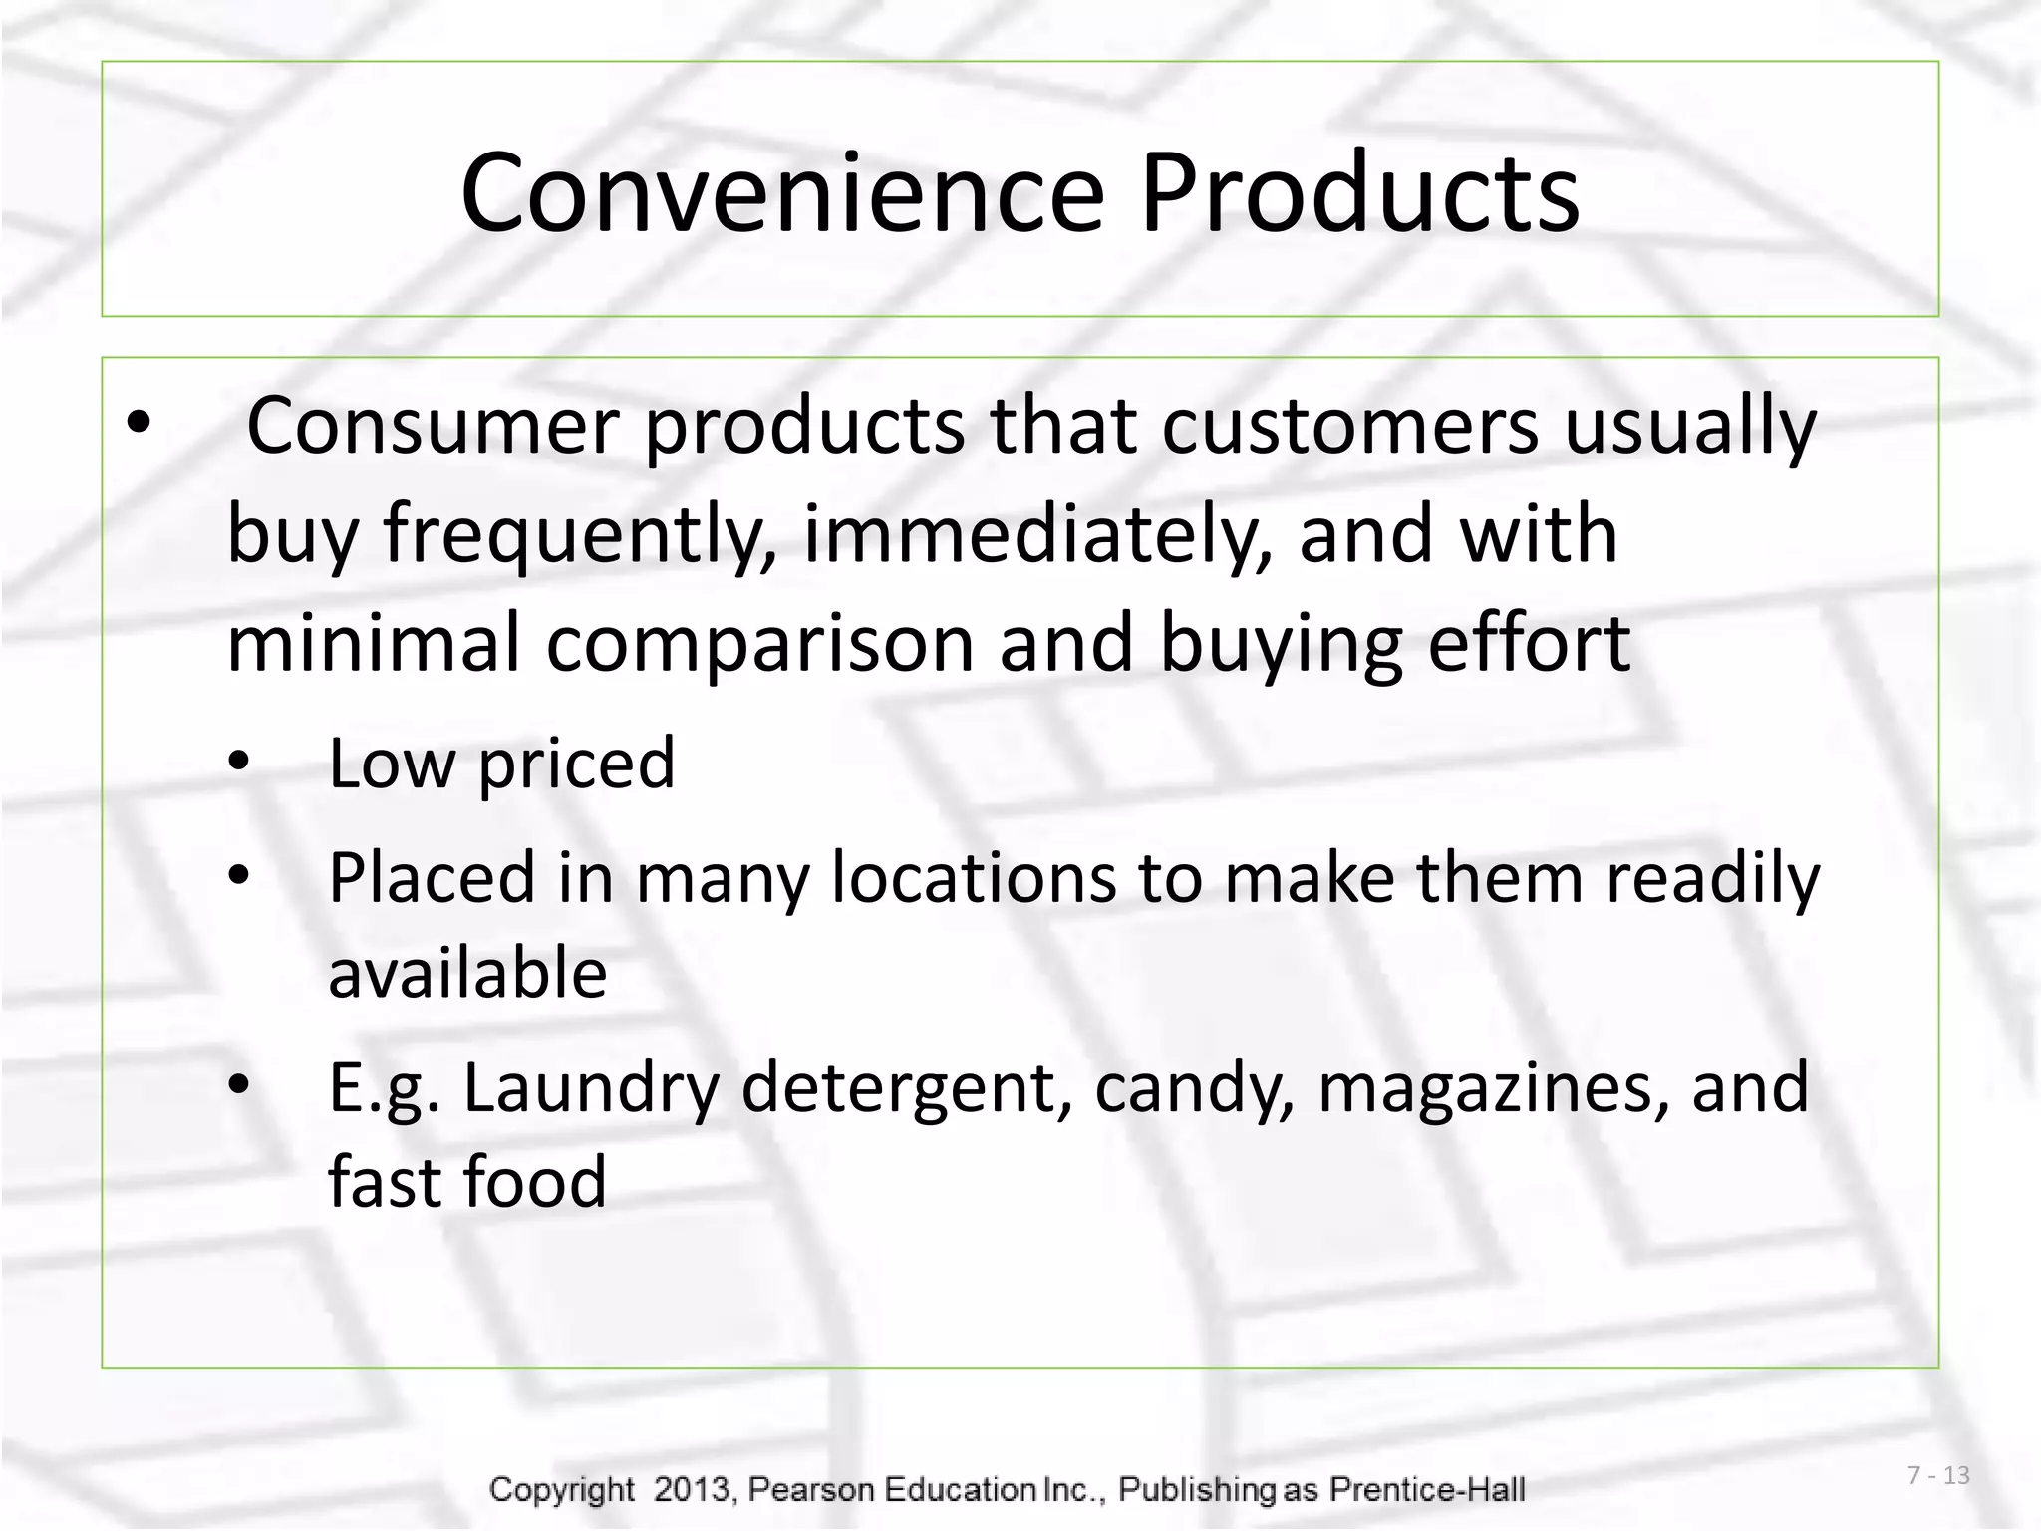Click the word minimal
coord(374,643)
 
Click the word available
coord(467,973)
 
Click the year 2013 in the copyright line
coord(693,1489)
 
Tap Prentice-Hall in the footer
coord(1427,1489)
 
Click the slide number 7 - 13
coord(1938,1475)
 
